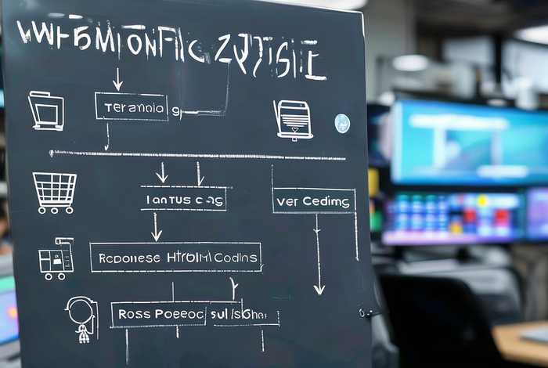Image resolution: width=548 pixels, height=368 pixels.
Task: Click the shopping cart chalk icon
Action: point(54,192)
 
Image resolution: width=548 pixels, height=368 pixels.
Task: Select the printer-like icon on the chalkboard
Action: point(294,120)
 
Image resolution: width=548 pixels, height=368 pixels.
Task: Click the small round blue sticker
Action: point(342,123)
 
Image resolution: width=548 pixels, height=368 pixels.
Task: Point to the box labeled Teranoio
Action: point(131,106)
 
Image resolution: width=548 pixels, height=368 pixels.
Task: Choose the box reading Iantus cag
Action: point(184,199)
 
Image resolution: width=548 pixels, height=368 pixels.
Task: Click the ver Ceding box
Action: point(313,201)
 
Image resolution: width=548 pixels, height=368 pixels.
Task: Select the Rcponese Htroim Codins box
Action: point(175,257)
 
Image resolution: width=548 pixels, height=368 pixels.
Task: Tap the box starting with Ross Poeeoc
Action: point(194,314)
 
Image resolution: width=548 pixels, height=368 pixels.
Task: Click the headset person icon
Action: point(81,318)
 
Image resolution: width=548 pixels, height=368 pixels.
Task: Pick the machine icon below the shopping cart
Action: point(56,258)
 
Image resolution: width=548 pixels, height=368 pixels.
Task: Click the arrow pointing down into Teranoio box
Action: point(117,79)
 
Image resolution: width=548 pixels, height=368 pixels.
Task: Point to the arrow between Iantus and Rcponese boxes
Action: point(157,226)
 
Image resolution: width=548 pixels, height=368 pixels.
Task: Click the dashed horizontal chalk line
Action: point(196,155)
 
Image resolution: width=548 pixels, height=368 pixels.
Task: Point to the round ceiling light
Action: point(410,63)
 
